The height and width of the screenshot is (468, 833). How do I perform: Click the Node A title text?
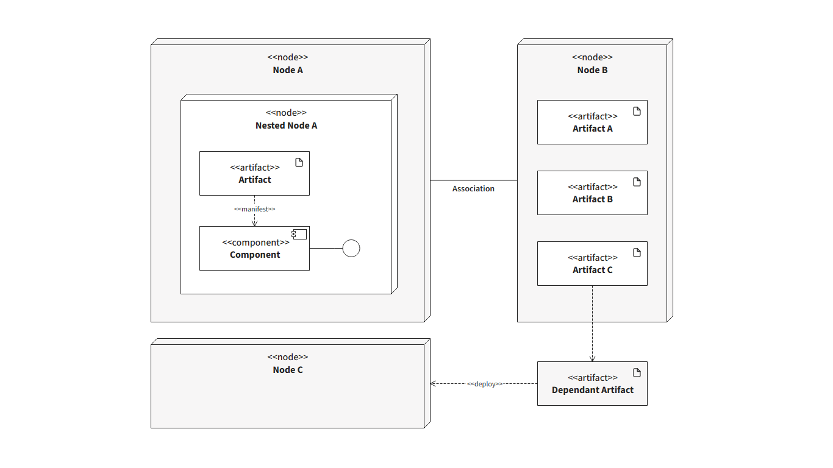(x=288, y=70)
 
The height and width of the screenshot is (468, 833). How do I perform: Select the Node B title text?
(x=592, y=70)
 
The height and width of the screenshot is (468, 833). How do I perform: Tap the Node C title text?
(x=288, y=370)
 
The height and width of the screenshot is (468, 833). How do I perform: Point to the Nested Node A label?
(x=287, y=126)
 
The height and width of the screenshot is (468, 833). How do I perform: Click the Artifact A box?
(x=592, y=122)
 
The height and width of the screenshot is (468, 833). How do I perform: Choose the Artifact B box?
(x=592, y=193)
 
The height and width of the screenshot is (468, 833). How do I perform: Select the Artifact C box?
(x=592, y=263)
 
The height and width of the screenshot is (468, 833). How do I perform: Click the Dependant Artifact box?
(x=592, y=384)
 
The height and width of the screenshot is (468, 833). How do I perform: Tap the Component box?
(x=254, y=248)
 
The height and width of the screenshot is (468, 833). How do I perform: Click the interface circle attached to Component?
(x=351, y=240)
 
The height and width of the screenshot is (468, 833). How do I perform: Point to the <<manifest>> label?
(x=255, y=209)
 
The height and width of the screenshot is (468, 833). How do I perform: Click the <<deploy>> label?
(x=485, y=384)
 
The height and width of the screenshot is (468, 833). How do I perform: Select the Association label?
(x=473, y=189)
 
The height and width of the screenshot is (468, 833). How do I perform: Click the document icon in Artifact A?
(x=637, y=112)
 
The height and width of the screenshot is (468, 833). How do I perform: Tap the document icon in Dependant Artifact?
(x=637, y=373)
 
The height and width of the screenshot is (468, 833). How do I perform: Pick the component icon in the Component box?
(x=299, y=234)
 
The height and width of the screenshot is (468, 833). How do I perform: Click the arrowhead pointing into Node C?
(x=433, y=384)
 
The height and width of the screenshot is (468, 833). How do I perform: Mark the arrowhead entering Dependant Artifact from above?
(x=592, y=359)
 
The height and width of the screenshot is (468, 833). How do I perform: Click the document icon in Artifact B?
(x=637, y=182)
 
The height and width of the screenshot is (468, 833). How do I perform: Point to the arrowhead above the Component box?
(x=255, y=224)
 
